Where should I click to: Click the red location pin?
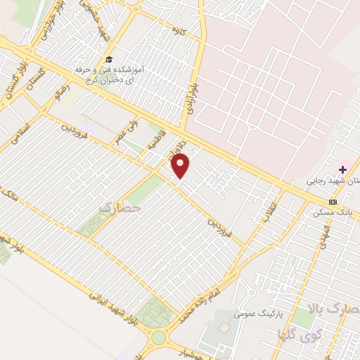[x=181, y=167]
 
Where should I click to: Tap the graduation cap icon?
[x=108, y=59]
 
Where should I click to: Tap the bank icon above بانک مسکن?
[x=332, y=201]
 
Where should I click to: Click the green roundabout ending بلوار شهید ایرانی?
[x=158, y=337]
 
